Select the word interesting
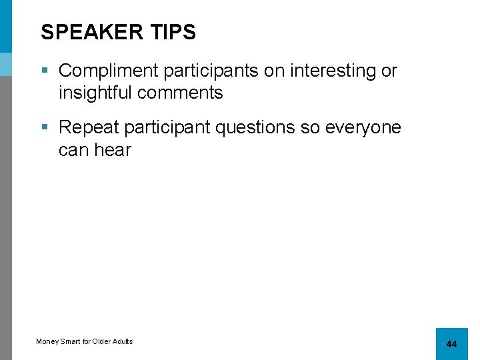(x=323, y=71)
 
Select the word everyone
(x=363, y=127)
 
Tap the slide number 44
(x=451, y=344)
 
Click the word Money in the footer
(x=47, y=341)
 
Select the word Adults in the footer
(x=123, y=341)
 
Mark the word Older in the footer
(x=102, y=341)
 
